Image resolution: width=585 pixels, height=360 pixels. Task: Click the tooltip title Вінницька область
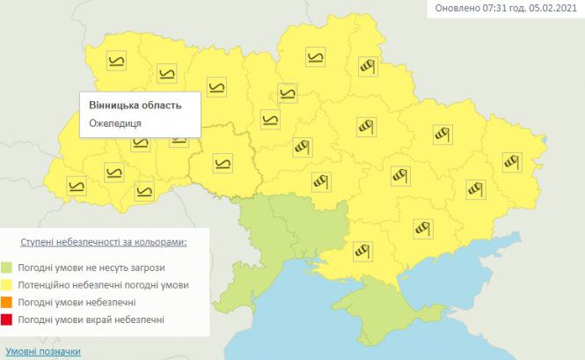[135, 105]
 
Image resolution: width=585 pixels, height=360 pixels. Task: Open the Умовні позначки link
[43, 351]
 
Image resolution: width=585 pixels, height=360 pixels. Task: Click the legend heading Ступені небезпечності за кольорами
[105, 240]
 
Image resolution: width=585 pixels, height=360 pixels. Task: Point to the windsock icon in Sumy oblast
[368, 67]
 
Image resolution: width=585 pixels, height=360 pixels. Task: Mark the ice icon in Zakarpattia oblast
[77, 185]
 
